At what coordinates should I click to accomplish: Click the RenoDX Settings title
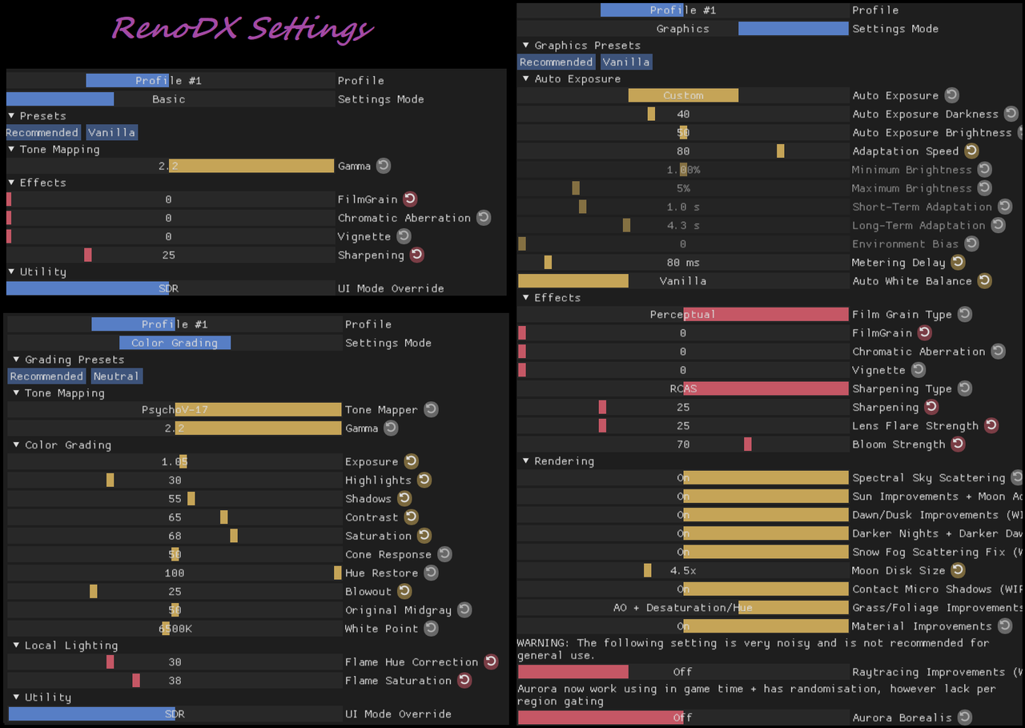(x=243, y=29)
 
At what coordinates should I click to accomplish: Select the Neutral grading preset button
(x=116, y=376)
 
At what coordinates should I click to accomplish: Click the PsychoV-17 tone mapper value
(x=175, y=410)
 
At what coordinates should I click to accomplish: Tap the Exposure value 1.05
(x=175, y=462)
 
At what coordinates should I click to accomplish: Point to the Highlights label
(x=378, y=481)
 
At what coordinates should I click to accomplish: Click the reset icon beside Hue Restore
(x=431, y=573)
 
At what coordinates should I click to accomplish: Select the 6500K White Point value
(x=175, y=629)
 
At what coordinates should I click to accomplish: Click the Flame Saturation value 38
(x=175, y=681)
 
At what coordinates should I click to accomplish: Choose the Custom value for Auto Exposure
(x=683, y=96)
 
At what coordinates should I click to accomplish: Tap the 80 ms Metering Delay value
(x=683, y=263)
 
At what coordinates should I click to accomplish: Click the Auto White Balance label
(x=911, y=281)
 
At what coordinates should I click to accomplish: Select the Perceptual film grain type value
(x=683, y=315)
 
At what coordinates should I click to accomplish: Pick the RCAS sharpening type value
(x=683, y=389)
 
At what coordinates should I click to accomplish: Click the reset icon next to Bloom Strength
(x=958, y=444)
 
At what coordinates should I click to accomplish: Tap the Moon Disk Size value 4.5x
(x=683, y=571)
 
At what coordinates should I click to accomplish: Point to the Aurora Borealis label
(x=902, y=718)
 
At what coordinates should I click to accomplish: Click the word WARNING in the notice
(x=544, y=643)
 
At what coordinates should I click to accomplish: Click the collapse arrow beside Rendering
(x=526, y=461)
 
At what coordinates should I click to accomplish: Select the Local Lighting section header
(x=70, y=646)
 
